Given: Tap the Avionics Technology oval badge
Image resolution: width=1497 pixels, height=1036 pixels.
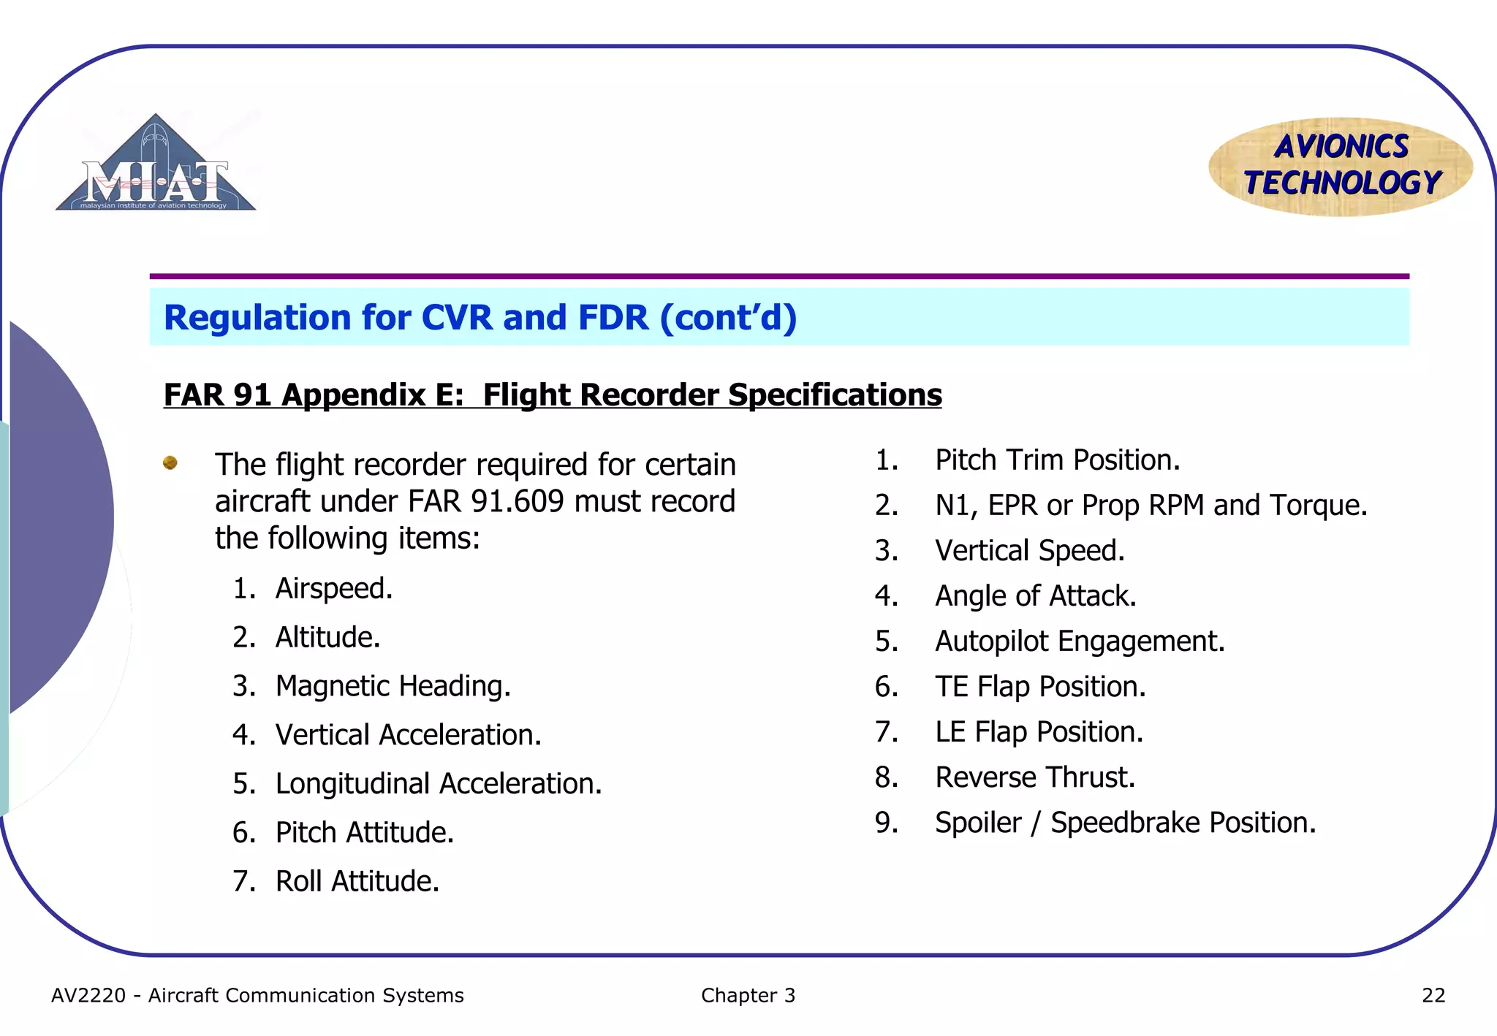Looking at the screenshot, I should pyautogui.click(x=1341, y=167).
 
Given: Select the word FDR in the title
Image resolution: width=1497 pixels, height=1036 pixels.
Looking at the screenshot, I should pyautogui.click(x=613, y=318).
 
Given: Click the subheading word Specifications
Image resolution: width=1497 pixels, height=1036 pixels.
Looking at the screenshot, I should pyautogui.click(x=835, y=395).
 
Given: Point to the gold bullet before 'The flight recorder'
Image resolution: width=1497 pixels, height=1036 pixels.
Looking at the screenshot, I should pyautogui.click(x=170, y=462).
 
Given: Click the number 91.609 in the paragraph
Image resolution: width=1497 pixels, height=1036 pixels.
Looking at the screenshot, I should pyautogui.click(x=518, y=502).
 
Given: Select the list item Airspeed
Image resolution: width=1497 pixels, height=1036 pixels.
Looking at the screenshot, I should pyautogui.click(x=334, y=589).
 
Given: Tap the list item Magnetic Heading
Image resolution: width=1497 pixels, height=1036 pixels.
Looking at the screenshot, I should pyautogui.click(x=393, y=686).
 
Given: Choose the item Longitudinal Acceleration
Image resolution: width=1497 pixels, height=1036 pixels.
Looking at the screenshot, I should pyautogui.click(x=439, y=784).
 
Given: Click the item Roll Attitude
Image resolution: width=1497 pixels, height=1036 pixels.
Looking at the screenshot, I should pyautogui.click(x=357, y=881).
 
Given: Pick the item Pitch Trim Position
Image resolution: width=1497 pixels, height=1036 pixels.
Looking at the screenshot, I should pyautogui.click(x=1057, y=460).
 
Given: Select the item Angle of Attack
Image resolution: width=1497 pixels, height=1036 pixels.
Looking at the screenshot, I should pyautogui.click(x=1035, y=596).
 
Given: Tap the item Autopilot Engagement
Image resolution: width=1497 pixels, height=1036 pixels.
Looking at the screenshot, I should pyautogui.click(x=1080, y=641).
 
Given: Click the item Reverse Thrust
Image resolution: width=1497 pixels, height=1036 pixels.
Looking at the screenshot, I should pyautogui.click(x=1035, y=777).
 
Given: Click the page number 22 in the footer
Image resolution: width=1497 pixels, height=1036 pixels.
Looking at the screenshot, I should pyautogui.click(x=1433, y=996).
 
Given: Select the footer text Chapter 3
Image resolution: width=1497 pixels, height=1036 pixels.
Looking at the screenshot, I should pyautogui.click(x=748, y=996).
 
